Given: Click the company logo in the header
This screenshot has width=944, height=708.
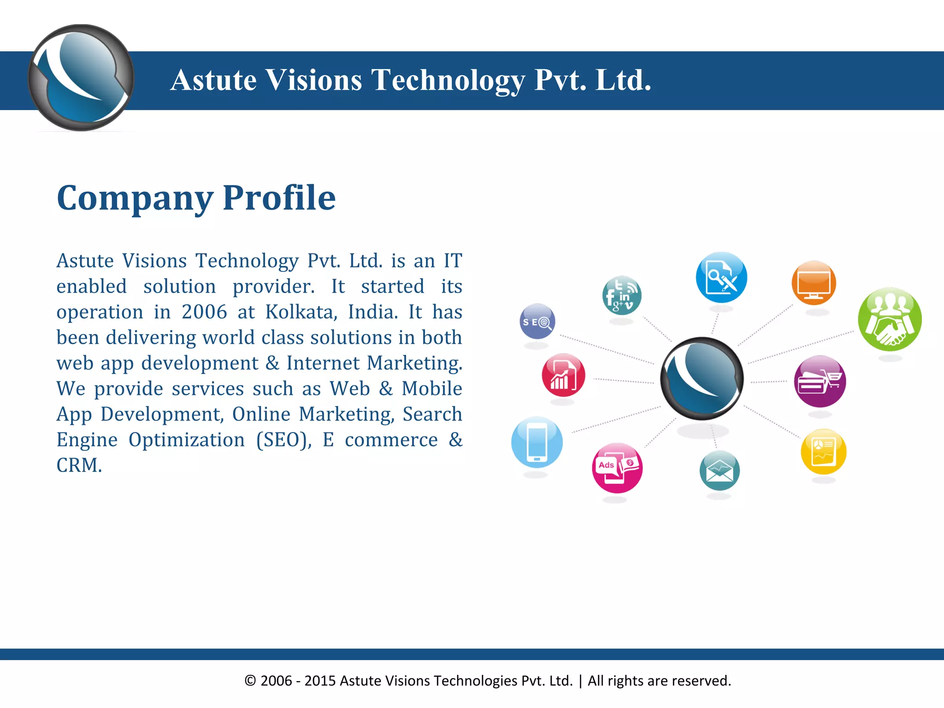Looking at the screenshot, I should click(81, 78).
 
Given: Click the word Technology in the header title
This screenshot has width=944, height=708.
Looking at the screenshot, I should click(448, 80).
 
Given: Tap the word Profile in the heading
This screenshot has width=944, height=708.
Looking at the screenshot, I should click(279, 198).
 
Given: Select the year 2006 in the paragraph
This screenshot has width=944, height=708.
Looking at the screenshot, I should click(204, 312).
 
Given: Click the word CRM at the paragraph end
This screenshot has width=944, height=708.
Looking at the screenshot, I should click(78, 466).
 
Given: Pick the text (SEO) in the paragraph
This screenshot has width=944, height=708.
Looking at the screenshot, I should click(284, 440).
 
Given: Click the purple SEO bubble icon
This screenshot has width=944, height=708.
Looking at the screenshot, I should click(537, 321).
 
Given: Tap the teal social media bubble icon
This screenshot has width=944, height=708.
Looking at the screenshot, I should click(622, 295).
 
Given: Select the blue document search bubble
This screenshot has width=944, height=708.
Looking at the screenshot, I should click(721, 277).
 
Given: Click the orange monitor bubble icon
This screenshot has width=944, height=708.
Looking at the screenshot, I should click(814, 283).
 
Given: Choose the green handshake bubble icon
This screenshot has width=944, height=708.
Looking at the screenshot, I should click(890, 319).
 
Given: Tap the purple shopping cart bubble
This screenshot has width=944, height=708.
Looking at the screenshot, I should click(820, 381).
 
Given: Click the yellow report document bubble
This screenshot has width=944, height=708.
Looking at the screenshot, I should click(823, 452).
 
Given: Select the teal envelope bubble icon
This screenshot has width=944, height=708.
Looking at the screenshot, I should click(720, 471).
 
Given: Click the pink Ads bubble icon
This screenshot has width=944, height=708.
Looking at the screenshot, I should click(617, 468).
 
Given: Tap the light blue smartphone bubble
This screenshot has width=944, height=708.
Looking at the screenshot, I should click(537, 442).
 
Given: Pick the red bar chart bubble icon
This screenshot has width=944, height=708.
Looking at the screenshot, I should click(563, 375).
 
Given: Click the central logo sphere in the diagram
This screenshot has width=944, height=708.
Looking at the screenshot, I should click(702, 378).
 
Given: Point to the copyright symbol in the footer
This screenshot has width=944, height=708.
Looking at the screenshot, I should click(250, 681).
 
